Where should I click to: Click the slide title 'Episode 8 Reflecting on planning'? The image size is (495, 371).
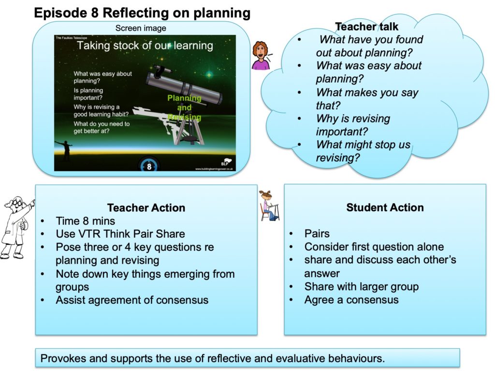pos(142,13)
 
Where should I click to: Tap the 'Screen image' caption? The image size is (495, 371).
pos(141,28)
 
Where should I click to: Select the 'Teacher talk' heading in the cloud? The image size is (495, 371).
pos(366,27)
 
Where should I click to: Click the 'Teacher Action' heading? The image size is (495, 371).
pos(146,208)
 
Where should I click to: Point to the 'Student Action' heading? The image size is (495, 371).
pos(385,207)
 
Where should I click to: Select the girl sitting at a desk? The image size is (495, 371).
pos(269,206)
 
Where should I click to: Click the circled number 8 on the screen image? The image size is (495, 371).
pos(149,166)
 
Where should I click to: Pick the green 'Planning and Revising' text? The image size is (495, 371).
pos(184,108)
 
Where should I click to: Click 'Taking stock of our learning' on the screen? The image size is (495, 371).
pos(145,45)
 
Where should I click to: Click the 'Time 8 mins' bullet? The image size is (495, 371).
pos(85,221)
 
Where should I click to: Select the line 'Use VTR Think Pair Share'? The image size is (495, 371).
pos(120,234)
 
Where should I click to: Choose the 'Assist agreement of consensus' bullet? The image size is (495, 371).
pos(132,300)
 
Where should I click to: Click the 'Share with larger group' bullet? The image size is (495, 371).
pos(362,286)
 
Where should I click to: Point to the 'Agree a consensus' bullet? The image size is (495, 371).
pos(351,300)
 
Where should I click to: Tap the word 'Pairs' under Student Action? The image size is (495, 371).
pos(317,233)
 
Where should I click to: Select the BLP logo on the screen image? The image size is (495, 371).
pos(225,162)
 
